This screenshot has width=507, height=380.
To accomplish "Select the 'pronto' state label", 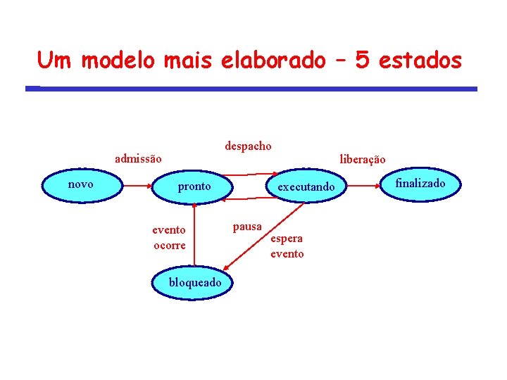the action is (194, 186).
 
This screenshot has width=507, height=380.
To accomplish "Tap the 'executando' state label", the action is (306, 187).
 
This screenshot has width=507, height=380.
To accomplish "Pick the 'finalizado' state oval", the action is (420, 184).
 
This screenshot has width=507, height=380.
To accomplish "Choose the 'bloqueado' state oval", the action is (194, 283).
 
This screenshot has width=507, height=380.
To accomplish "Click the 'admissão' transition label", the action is (138, 159).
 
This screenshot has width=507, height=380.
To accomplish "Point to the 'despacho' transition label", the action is (248, 146).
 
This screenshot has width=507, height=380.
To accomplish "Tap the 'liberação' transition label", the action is (362, 159).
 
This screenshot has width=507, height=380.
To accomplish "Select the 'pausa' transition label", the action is (247, 227).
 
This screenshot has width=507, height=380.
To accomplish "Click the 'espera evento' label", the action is (287, 246).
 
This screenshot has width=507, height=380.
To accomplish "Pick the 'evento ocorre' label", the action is (170, 237).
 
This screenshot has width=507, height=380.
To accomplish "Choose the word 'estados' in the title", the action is (420, 61).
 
